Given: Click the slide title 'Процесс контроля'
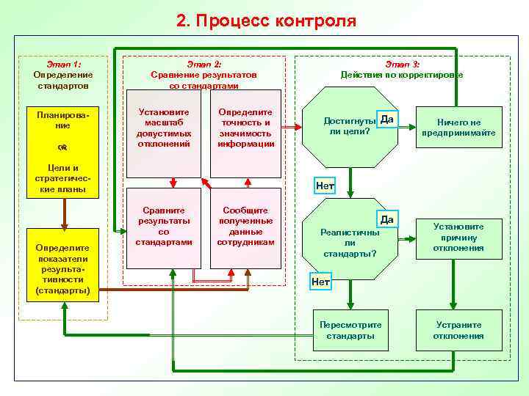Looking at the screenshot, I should pos(266,21).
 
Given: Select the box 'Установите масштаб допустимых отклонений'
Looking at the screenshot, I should pos(164,133).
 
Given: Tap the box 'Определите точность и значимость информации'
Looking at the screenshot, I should pos(245,133).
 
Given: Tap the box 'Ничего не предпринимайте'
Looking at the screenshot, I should pos(459,128).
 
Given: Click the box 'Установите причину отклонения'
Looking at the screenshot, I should pos(459,238).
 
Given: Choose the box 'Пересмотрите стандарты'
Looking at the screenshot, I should pos(350,330).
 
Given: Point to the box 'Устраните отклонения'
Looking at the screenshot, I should pos(459,330).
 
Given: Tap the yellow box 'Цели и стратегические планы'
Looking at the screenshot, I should pos(62,179).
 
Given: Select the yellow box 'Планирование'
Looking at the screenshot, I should pos(62,120).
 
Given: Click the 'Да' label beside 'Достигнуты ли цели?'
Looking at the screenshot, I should pos(388,120).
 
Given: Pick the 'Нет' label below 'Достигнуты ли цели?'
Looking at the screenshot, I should pos(325,186).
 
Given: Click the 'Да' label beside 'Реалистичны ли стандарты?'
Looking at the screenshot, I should pos(387,219).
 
